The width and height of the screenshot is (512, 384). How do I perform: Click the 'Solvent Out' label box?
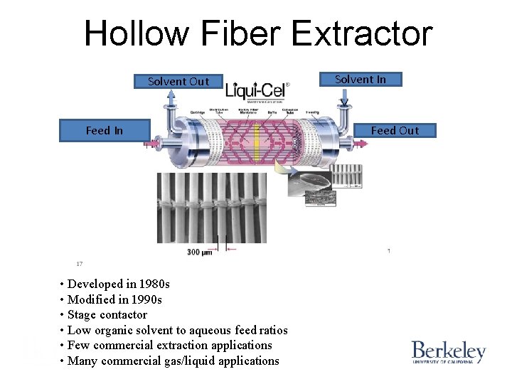point(178,81)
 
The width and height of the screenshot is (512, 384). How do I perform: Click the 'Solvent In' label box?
point(361,79)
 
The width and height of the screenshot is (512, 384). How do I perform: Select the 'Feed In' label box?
point(104,130)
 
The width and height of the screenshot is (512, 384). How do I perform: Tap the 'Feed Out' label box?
point(395,130)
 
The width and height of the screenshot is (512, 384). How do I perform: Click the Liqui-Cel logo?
point(257,92)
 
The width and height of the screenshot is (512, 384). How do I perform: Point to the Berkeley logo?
point(448,352)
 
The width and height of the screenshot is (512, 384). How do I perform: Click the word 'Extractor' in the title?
point(361,33)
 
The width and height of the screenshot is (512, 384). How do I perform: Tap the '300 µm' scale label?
point(200,252)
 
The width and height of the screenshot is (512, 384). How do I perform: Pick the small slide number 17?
point(80,264)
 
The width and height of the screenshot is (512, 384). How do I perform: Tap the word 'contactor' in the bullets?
point(123,315)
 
